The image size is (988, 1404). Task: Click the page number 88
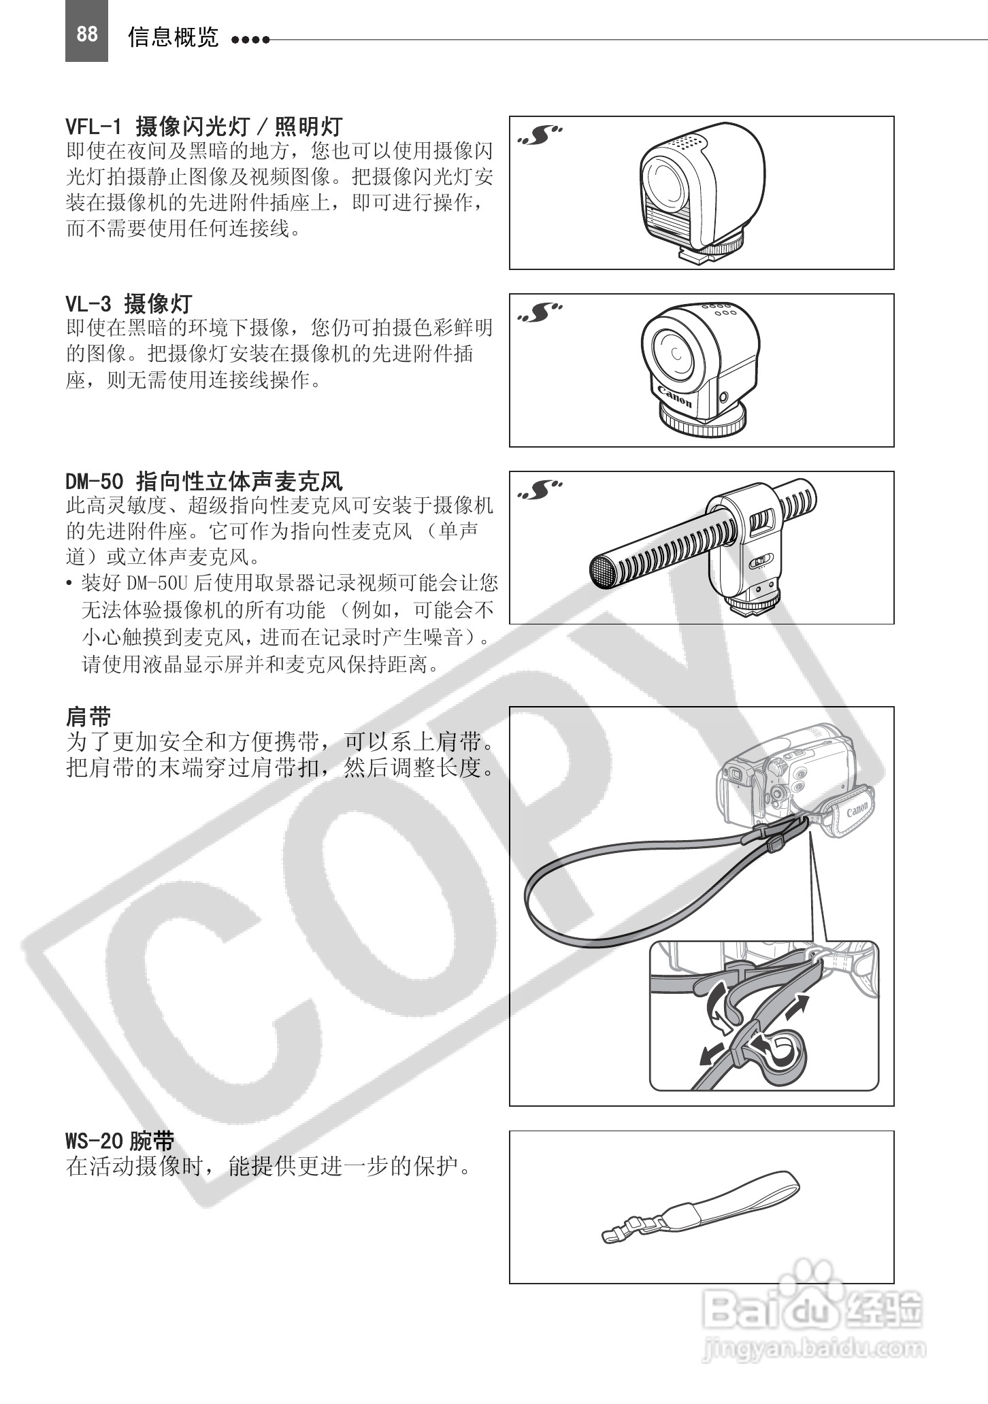pos(86,34)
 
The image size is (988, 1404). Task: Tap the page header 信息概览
pos(174,37)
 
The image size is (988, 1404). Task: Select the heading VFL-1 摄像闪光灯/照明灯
pos(204,127)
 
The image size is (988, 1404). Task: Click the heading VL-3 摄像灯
pos(129,303)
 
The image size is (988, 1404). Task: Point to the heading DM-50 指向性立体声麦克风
pos(204,482)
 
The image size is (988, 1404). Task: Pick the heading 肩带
pos(88,717)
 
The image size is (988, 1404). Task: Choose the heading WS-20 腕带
pos(120,1140)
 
